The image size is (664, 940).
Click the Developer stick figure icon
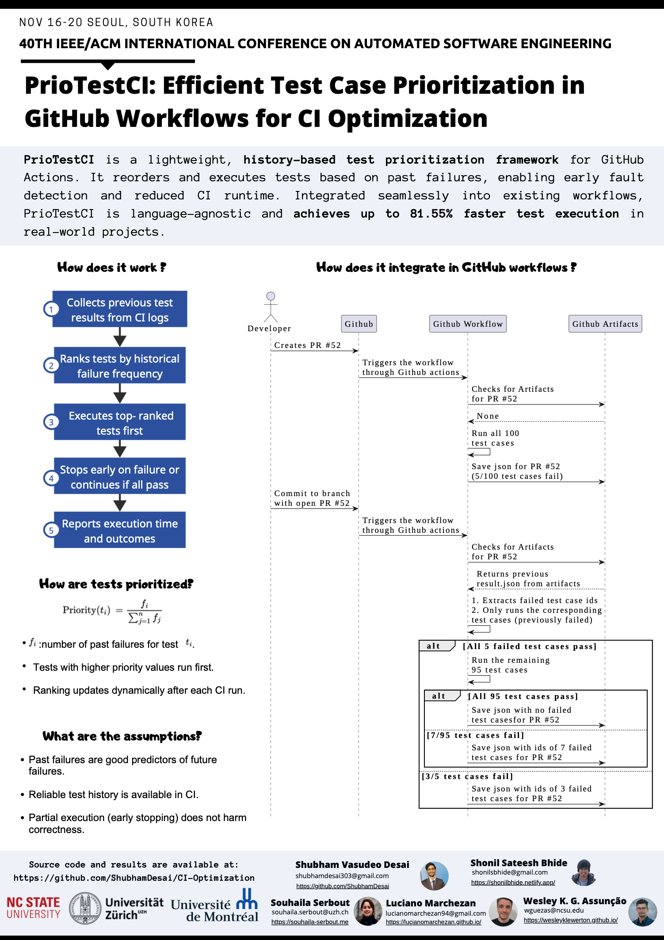pyautogui.click(x=271, y=307)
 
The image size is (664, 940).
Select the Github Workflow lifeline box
pyautogui.click(x=468, y=324)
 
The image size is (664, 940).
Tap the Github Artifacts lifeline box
pyautogui.click(x=605, y=324)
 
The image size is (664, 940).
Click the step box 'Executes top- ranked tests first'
pyautogui.click(x=120, y=422)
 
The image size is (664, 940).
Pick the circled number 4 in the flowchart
pyautogui.click(x=51, y=478)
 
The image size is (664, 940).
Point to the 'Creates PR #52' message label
pyautogui.click(x=307, y=345)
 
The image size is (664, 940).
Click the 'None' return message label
pyautogui.click(x=488, y=416)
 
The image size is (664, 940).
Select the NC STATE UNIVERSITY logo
pyautogui.click(x=34, y=908)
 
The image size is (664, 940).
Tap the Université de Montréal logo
pyautogui.click(x=215, y=906)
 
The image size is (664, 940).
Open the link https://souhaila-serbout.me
pyautogui.click(x=309, y=922)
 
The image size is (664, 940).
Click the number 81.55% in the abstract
pyautogui.click(x=431, y=214)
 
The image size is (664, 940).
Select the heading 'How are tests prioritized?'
pyautogui.click(x=116, y=584)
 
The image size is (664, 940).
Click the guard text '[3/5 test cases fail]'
pyautogui.click(x=467, y=776)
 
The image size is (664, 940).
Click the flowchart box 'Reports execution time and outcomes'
pyautogui.click(x=120, y=531)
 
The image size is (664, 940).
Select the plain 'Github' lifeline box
pyautogui.click(x=359, y=324)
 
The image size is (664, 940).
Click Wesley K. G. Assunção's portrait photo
pyautogui.click(x=642, y=912)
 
